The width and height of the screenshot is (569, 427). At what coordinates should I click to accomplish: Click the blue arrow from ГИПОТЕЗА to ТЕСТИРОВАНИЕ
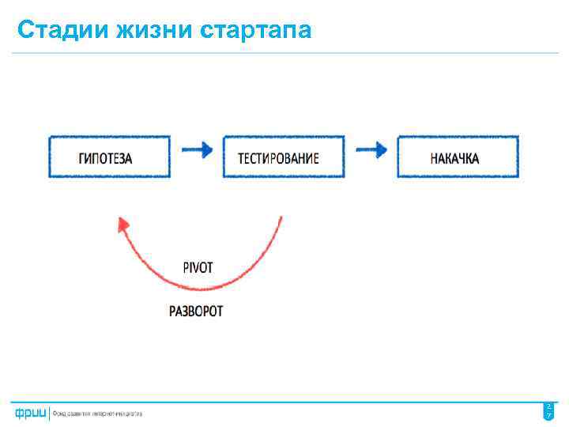[x=197, y=149]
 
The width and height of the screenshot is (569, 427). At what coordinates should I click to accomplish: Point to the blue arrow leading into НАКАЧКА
[x=371, y=149]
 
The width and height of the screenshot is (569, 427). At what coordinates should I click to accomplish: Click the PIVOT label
[x=198, y=268]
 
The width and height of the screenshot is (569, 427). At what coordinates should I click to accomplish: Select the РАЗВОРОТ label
[x=196, y=311]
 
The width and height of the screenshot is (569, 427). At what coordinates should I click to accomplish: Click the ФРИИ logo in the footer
[x=29, y=413]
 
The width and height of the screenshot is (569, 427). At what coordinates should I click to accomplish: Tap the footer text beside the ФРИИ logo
[x=97, y=414]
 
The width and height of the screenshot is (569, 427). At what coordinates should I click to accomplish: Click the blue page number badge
[x=548, y=411]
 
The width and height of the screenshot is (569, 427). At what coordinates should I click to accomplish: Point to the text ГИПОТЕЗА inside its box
[x=105, y=158]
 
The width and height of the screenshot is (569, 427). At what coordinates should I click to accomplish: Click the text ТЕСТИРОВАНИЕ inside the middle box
[x=279, y=158]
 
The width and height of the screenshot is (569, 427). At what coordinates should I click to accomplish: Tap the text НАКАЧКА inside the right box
[x=454, y=158]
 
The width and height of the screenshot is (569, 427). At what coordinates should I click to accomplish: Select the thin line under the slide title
[x=284, y=54]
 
